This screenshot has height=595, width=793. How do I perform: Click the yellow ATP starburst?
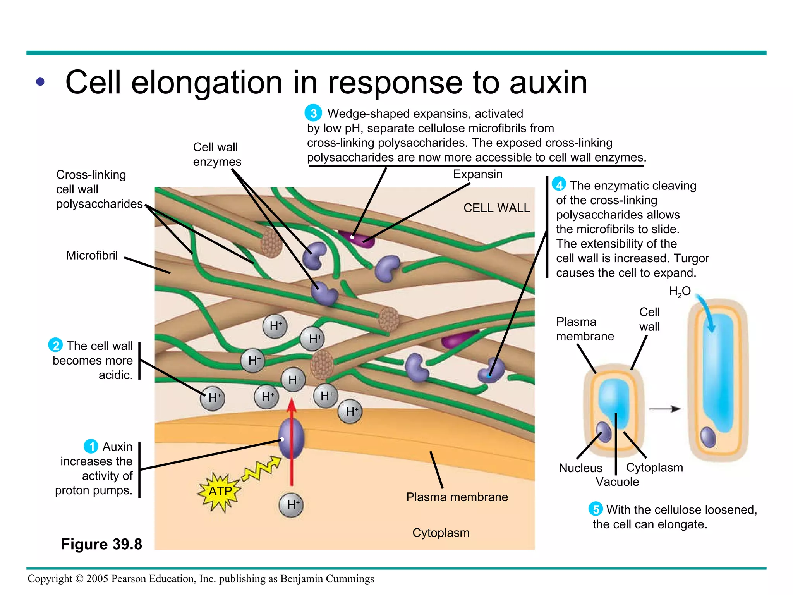tap(220, 492)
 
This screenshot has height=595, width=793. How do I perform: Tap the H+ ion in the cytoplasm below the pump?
tap(291, 505)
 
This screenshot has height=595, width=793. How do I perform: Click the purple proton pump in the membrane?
tap(291, 439)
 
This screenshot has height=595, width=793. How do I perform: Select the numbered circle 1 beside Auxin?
tap(91, 446)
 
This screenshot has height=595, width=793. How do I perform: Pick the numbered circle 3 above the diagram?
tap(313, 113)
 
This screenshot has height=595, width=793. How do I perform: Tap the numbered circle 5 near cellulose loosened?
tap(596, 509)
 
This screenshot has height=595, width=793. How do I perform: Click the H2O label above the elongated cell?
tap(680, 291)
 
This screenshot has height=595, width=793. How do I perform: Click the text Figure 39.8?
tap(101, 544)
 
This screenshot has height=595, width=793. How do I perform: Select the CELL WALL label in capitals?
tap(496, 208)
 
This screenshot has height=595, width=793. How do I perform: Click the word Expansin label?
tap(477, 174)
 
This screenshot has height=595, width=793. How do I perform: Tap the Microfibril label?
tap(92, 256)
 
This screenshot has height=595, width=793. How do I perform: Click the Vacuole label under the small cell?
tap(617, 482)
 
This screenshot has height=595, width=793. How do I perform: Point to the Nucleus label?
tap(580, 468)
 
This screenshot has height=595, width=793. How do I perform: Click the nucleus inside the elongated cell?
tap(709, 437)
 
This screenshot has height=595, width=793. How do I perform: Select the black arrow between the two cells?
tap(665, 409)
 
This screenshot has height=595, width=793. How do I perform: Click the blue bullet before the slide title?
tap(40, 82)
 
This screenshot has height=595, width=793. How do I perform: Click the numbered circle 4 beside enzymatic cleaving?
tap(559, 184)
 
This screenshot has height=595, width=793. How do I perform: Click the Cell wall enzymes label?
tap(217, 154)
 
